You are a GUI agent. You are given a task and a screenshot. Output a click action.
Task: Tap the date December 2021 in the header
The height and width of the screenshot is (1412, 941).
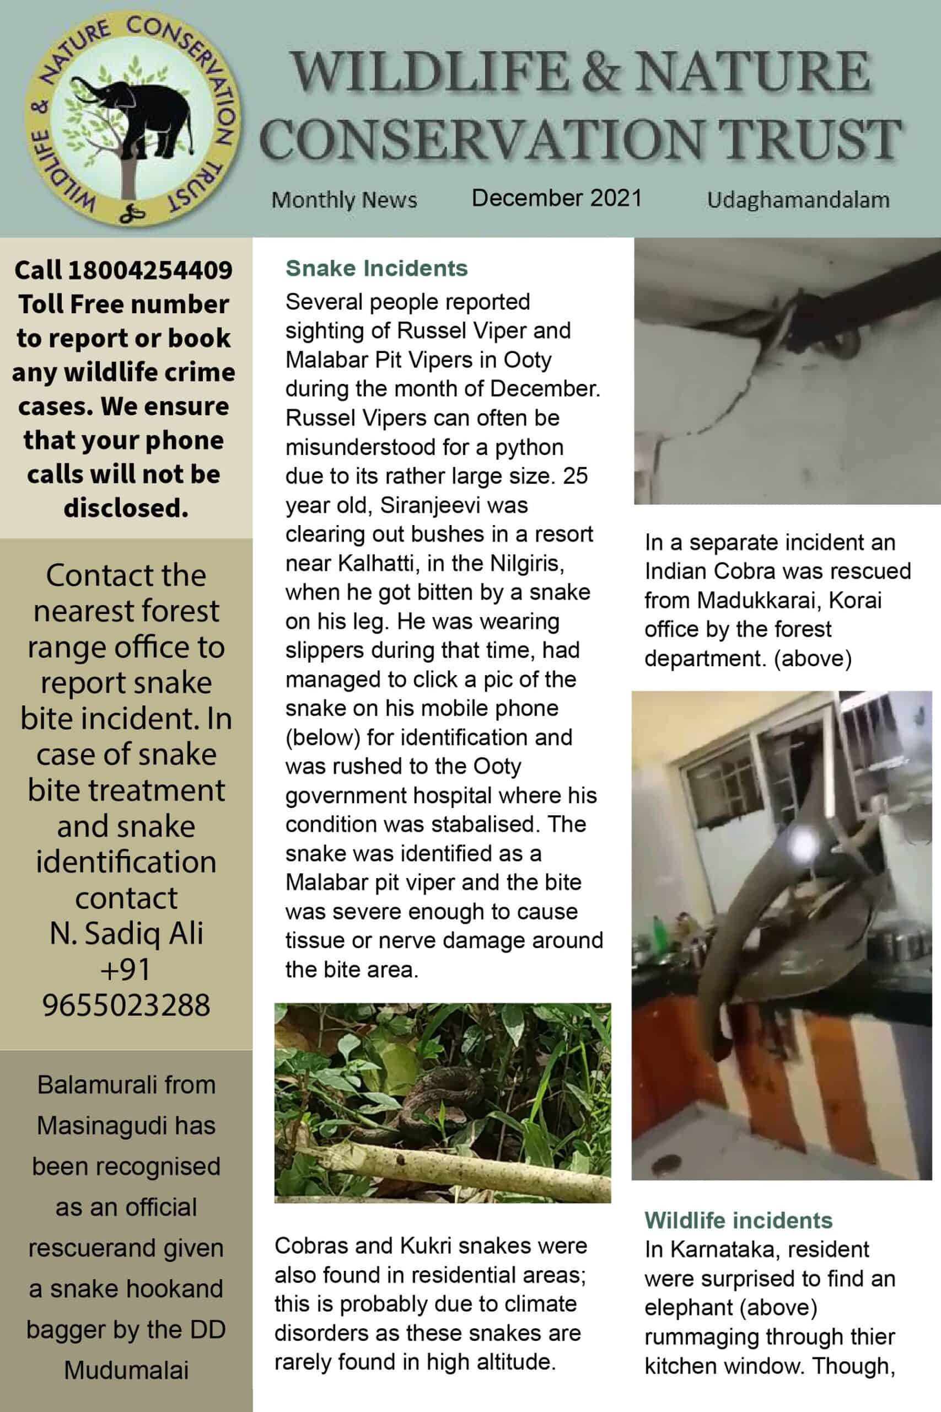556,197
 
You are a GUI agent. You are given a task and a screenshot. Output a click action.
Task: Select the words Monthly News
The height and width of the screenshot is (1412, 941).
344,199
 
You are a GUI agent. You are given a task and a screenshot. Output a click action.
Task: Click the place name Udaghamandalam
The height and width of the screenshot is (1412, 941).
798,199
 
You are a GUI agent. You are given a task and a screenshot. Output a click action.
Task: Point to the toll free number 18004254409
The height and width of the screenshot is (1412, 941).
150,270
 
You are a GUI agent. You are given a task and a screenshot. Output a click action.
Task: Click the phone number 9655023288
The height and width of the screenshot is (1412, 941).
126,1004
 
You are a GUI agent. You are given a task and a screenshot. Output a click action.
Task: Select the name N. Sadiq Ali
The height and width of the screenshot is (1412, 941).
126,933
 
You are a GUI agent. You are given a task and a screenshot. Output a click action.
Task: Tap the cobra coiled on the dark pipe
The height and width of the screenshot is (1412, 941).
822,336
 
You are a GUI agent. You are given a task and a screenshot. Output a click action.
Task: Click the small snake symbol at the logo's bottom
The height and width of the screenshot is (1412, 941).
132,212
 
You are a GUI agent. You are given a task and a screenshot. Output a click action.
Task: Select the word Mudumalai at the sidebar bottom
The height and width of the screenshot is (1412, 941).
126,1371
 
